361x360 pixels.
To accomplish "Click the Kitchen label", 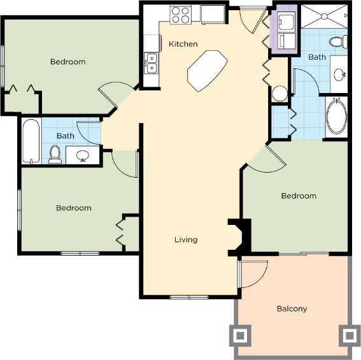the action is click(183, 44).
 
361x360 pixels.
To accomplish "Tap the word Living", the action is click(186, 240).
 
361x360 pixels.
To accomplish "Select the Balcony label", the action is click(292, 308).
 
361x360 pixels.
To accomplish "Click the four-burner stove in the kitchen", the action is click(181, 15).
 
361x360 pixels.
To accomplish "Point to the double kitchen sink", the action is click(152, 63).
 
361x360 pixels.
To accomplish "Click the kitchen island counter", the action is click(208, 71).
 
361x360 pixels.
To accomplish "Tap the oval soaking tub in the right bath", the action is click(336, 117).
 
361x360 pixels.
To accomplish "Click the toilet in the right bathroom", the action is click(338, 42).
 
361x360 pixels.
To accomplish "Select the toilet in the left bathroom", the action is click(55, 154).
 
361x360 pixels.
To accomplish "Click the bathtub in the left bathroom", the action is click(31, 141).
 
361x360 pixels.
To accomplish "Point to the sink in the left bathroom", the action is click(83, 155).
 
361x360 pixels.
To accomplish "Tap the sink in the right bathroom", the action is click(339, 75).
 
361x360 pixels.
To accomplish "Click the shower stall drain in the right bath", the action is click(324, 17).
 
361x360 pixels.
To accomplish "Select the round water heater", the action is click(280, 93).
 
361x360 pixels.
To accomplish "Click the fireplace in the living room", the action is click(239, 238).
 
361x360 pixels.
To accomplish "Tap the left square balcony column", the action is click(240, 336).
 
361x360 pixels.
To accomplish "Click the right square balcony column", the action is click(350, 336).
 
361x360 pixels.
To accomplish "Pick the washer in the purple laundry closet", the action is click(286, 22).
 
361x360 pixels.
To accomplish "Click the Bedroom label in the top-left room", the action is click(68, 62).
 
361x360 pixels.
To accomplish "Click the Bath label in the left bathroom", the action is click(66, 136).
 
